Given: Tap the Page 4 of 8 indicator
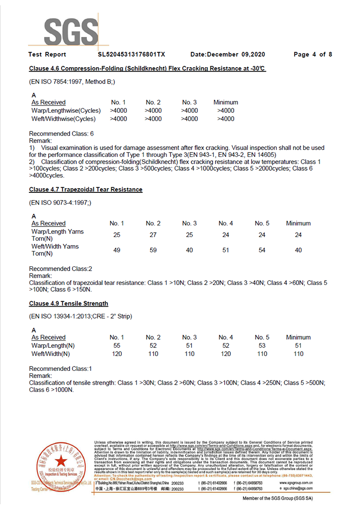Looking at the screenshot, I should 312,55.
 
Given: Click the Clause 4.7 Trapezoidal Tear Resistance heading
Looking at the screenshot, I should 85,190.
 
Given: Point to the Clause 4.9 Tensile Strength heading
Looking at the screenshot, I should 68,304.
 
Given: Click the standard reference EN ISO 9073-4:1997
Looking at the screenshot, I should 60,203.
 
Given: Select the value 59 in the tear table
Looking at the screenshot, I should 153,250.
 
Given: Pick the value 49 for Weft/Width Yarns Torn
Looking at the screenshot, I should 117,250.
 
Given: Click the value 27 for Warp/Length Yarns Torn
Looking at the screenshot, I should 153,235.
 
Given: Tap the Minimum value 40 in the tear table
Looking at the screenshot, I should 298,250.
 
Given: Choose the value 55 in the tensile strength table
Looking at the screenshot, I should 117,345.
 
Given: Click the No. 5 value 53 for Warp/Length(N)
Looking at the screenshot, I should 262,345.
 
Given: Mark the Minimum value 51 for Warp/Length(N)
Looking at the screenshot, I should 298,345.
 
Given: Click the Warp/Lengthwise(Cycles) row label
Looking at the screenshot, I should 66,110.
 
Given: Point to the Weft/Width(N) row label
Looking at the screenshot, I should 50,354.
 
